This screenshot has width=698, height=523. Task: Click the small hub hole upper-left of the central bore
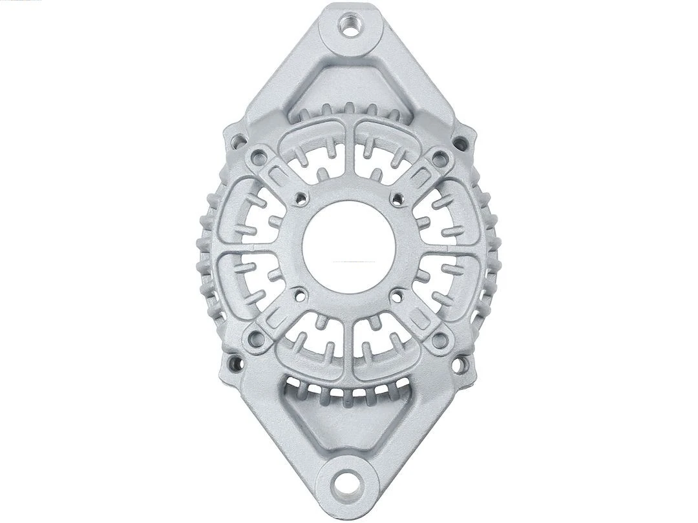pyautogui.click(x=300, y=198)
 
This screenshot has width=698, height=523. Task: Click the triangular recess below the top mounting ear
pyautogui.click(x=349, y=84)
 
